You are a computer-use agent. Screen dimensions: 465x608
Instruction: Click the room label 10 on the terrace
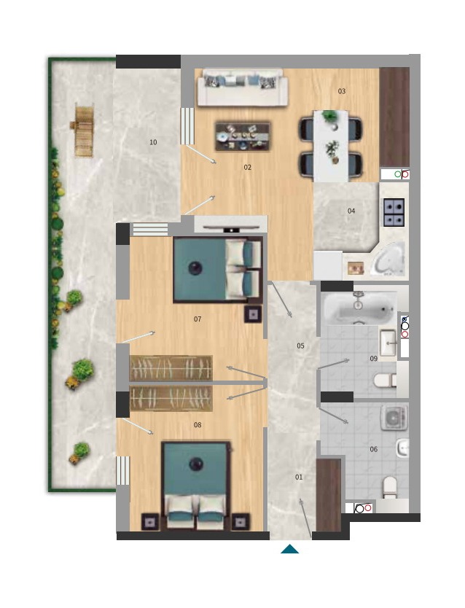153,142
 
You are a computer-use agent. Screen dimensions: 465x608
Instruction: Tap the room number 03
341,91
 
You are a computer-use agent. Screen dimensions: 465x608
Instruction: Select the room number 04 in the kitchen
351,211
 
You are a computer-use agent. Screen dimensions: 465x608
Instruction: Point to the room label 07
198,319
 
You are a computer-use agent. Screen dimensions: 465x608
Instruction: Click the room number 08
198,425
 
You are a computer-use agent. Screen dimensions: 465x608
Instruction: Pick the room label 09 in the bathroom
373,359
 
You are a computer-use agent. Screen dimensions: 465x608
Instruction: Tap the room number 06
373,449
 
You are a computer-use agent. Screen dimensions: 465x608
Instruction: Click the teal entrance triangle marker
290,549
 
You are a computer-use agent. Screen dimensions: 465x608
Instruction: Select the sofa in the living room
243,87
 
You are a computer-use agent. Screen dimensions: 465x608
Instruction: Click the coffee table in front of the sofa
243,136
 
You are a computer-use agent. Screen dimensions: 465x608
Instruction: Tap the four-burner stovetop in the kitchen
394,212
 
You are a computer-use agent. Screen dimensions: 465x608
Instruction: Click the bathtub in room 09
359,308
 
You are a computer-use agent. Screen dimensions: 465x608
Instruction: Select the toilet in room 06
390,488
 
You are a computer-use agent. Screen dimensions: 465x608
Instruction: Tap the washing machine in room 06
394,418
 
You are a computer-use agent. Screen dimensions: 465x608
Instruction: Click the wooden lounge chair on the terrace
83,130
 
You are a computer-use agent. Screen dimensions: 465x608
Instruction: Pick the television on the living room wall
231,228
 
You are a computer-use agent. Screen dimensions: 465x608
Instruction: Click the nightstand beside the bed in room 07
253,314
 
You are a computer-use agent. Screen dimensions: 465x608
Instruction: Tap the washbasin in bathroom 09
388,343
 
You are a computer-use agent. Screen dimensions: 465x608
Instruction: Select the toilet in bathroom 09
385,380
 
